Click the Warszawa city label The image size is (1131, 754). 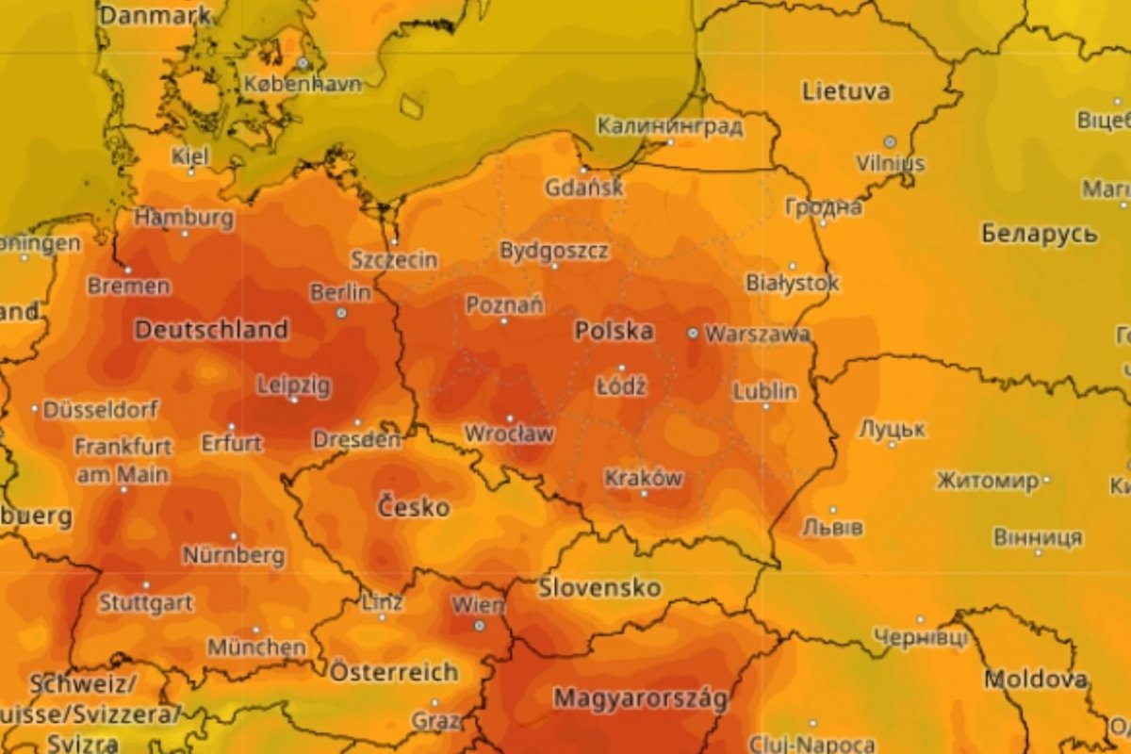[757, 334]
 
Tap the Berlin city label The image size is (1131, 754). [340, 292]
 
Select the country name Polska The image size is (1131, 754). [614, 331]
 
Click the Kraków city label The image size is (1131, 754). [644, 478]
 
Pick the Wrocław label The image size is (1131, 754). [509, 434]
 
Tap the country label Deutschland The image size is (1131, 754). [211, 330]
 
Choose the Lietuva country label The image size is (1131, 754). [845, 91]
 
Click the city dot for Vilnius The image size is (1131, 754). [889, 141]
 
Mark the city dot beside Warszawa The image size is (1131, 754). [693, 333]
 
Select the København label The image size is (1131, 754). [303, 84]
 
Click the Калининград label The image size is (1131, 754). [670, 125]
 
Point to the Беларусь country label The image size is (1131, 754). [1040, 234]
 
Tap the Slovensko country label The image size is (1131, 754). [599, 588]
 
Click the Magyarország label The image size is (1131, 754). [641, 699]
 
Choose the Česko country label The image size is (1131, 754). [414, 506]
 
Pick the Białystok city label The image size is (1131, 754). [792, 282]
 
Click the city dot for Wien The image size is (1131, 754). [479, 625]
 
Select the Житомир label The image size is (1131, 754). [987, 481]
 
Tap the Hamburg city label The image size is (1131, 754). [184, 218]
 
